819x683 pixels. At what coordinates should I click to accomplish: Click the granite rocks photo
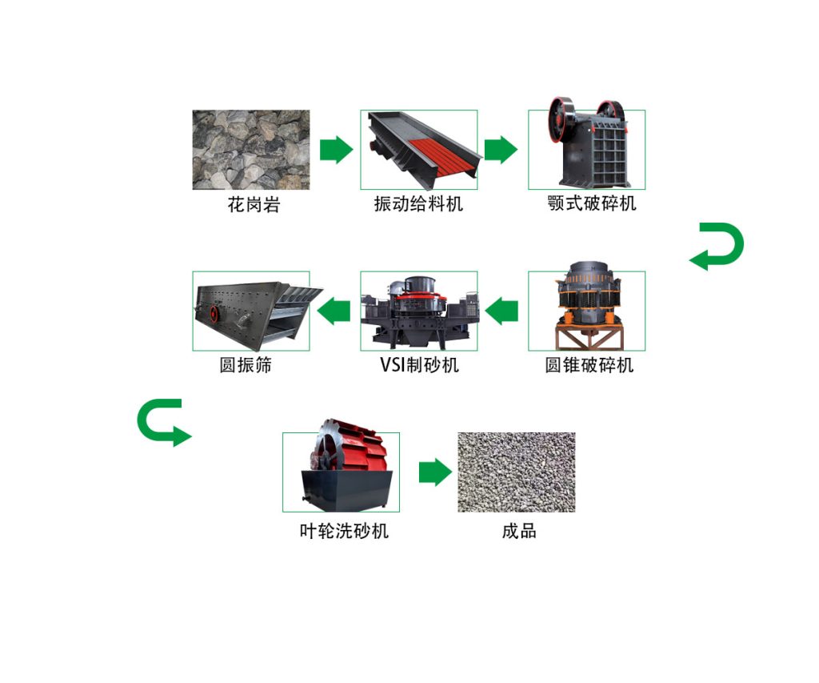click(250, 150)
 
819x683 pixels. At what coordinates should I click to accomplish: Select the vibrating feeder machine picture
click(418, 150)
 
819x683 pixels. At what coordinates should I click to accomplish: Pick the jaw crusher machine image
click(586, 149)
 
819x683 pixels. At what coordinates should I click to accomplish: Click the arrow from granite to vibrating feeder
click(336, 150)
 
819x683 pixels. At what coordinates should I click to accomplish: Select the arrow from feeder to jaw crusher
click(501, 150)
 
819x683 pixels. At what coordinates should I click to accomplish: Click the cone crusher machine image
click(586, 311)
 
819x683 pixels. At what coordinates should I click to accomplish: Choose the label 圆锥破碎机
click(589, 365)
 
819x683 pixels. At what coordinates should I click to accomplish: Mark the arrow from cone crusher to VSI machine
click(501, 311)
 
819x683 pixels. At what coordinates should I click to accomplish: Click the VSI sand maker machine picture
click(418, 311)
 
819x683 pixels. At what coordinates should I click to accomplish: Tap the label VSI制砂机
click(419, 365)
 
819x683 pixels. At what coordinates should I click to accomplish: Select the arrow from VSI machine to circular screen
click(334, 311)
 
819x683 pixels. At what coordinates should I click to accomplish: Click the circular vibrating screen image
click(251, 311)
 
